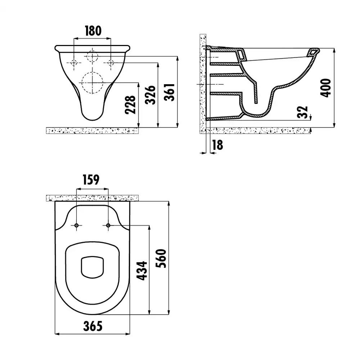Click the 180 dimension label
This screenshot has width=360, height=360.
pyautogui.click(x=93, y=31)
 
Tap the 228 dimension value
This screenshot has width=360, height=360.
pyautogui.click(x=130, y=105)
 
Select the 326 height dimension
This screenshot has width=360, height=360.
pyautogui.click(x=150, y=95)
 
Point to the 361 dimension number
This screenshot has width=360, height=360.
pyautogui.click(x=170, y=92)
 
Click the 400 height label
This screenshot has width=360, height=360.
pyautogui.click(x=325, y=88)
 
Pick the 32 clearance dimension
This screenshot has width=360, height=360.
pyautogui.click(x=302, y=112)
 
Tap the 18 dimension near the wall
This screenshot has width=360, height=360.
pyautogui.click(x=217, y=145)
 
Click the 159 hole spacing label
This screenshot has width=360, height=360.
pyautogui.click(x=91, y=180)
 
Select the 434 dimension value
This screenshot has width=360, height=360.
pyautogui.click(x=142, y=271)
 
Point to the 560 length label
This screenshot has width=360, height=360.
pyautogui.click(x=161, y=258)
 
